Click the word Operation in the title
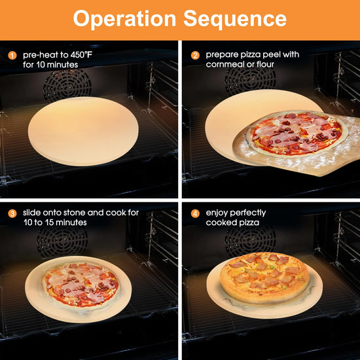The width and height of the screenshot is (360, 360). pos(124,19)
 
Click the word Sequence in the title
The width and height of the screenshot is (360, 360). pos(234,20)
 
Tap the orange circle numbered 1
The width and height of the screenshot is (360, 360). pos(12,56)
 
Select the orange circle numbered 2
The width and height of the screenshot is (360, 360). pos(195,56)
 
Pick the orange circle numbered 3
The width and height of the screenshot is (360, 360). pos(12,213)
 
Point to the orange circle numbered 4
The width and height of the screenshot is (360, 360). pos(195,213)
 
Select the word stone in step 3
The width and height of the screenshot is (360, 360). pos(75,213)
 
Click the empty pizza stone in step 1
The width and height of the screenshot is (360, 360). pos(83,131)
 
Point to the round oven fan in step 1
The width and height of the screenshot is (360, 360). pos(67,85)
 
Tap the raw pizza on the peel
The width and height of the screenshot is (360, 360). pos(297,134)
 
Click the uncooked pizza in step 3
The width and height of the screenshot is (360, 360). pos(81,285)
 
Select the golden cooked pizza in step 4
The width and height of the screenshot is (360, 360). pos(264,277)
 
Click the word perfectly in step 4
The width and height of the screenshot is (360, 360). pos(247,213)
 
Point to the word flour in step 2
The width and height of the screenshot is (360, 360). pos(265,65)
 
